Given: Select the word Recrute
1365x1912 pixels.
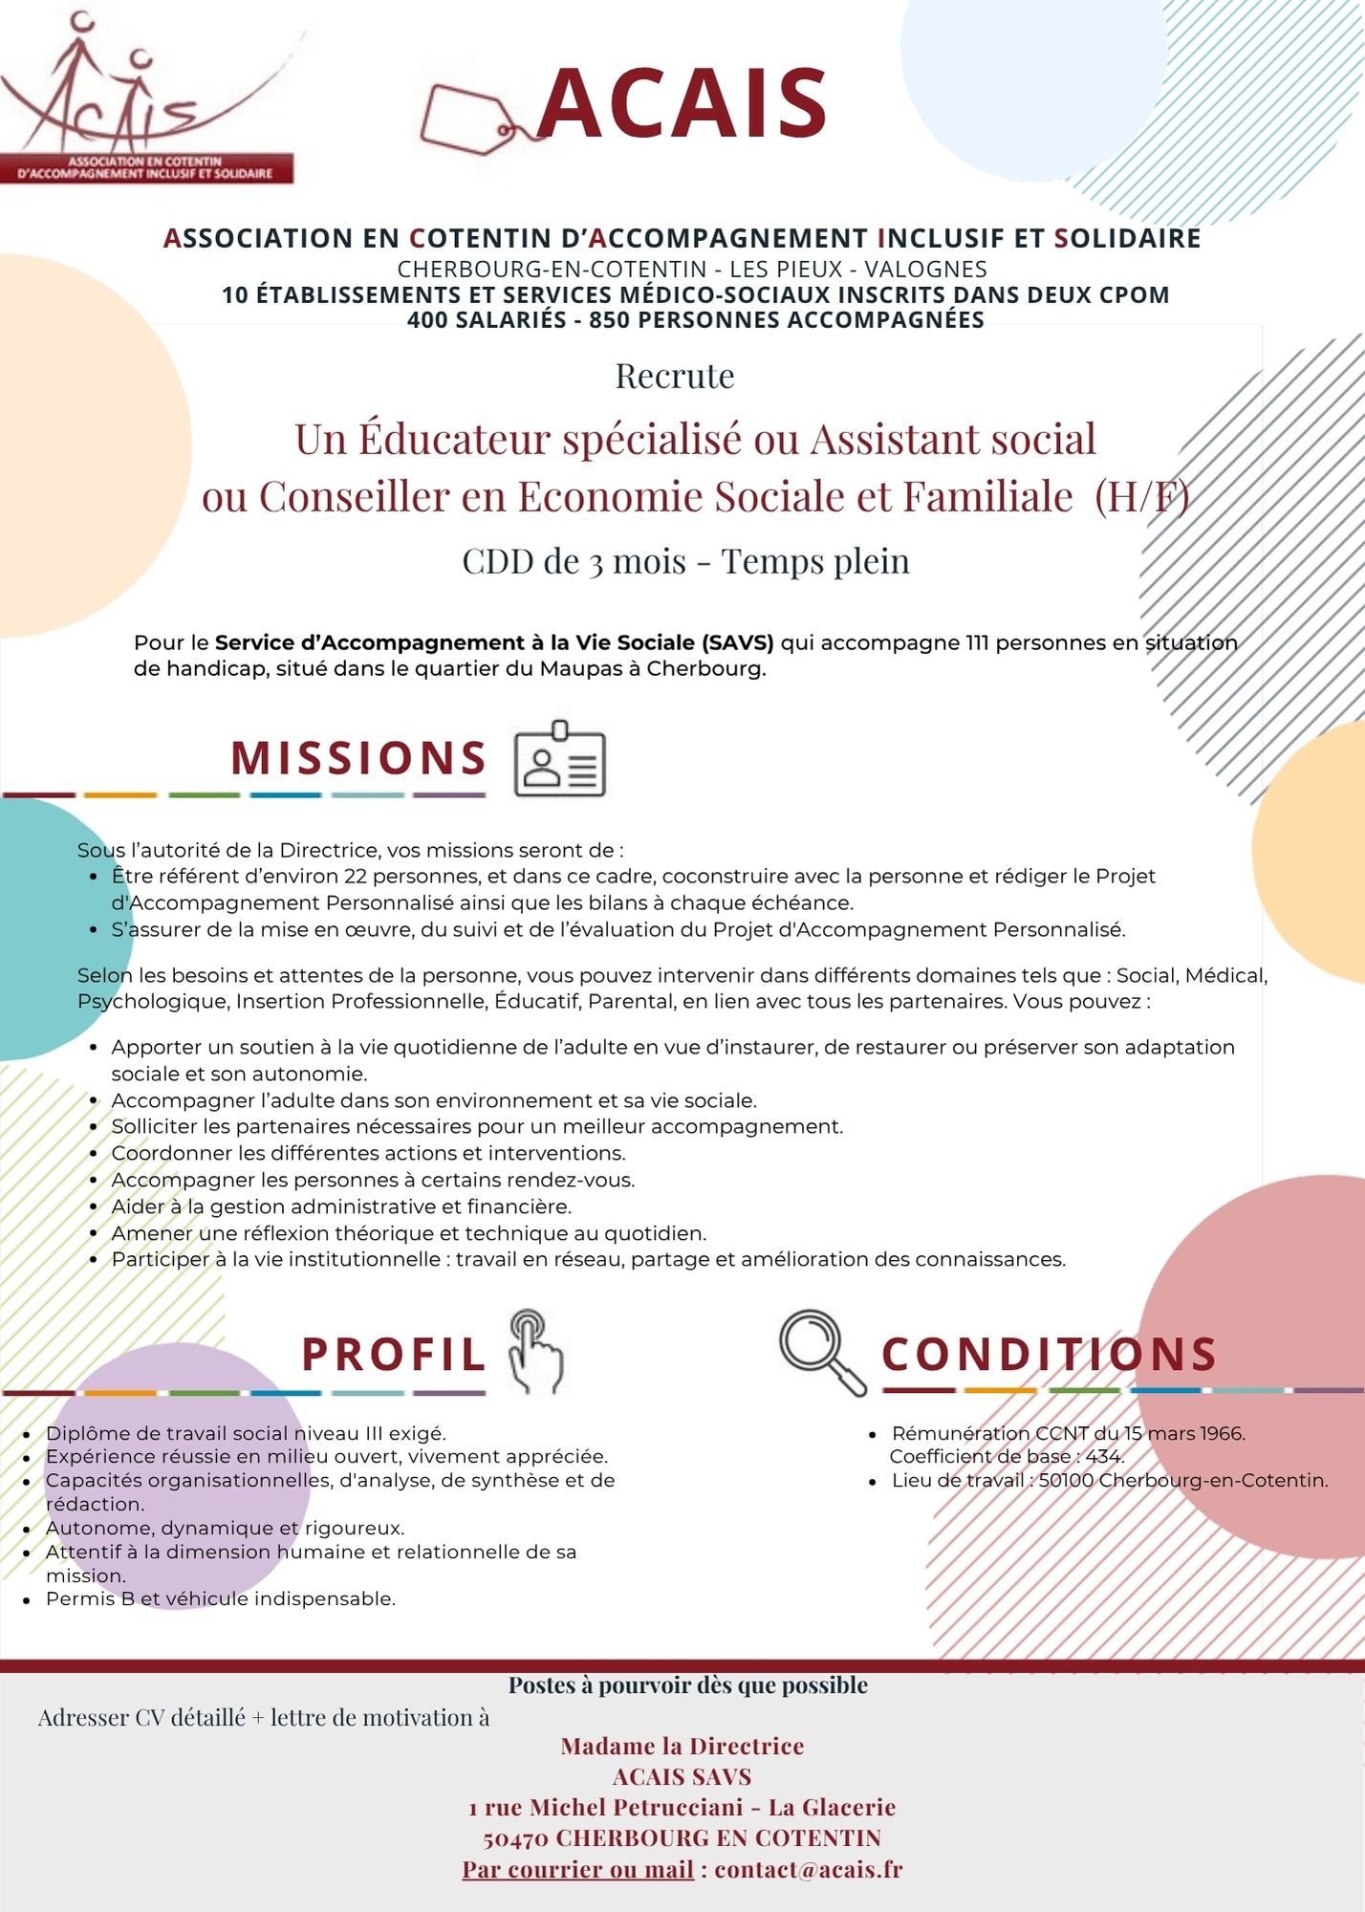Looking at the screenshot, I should pyautogui.click(x=675, y=376).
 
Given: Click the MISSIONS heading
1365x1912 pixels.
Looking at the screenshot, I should pyautogui.click(x=358, y=758).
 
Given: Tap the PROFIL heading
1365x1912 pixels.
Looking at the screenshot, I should pyautogui.click(x=393, y=1354).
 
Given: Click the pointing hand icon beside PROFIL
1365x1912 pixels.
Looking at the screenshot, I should pyautogui.click(x=536, y=1351).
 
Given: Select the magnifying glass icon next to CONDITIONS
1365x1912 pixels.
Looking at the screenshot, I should pyautogui.click(x=821, y=1351).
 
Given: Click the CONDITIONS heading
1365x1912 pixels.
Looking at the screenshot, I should pyautogui.click(x=1049, y=1354).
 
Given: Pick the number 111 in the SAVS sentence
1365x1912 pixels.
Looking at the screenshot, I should pyautogui.click(x=976, y=642).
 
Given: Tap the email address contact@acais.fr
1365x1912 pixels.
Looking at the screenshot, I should pyautogui.click(x=809, y=1869).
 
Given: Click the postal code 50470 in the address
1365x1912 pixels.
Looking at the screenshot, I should pyautogui.click(x=515, y=1838).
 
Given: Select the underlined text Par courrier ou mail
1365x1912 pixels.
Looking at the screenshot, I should pyautogui.click(x=577, y=1869).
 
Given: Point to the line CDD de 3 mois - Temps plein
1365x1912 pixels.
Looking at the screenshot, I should pyautogui.click(x=685, y=561).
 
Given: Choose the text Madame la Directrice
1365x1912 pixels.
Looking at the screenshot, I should pyautogui.click(x=682, y=1746).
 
